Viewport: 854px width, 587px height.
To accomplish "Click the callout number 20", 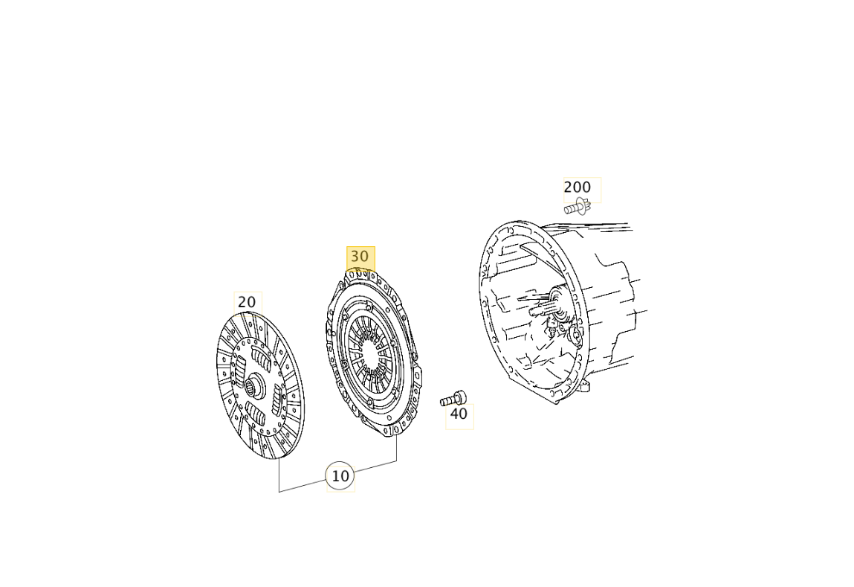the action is tap(247, 302).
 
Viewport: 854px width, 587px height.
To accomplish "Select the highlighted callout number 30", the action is tap(360, 256).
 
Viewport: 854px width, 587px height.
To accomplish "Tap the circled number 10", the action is tap(340, 476).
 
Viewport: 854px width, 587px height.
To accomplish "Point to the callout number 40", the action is tap(458, 414).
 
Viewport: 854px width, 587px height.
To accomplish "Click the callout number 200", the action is tap(578, 187).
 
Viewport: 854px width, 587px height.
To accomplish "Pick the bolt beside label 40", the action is tap(453, 399).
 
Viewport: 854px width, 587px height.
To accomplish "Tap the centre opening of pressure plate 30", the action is tap(371, 356).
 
